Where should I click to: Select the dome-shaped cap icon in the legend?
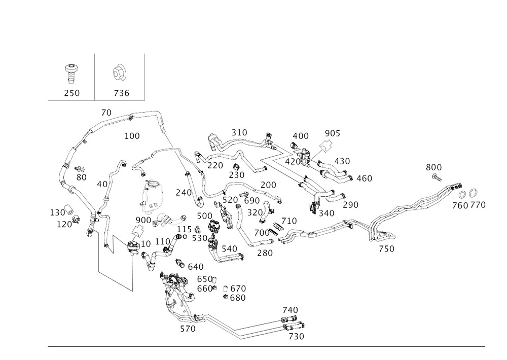[x=120, y=72]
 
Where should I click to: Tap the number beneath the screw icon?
[x=71, y=93]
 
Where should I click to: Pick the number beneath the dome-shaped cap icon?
[x=121, y=93]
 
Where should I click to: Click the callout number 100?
[x=132, y=136]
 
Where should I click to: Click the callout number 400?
[x=300, y=136]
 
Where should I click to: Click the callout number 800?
[x=433, y=167]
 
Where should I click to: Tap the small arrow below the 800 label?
[x=438, y=177]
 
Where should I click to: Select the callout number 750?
[x=387, y=248]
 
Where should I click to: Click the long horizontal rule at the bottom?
[x=266, y=347]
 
